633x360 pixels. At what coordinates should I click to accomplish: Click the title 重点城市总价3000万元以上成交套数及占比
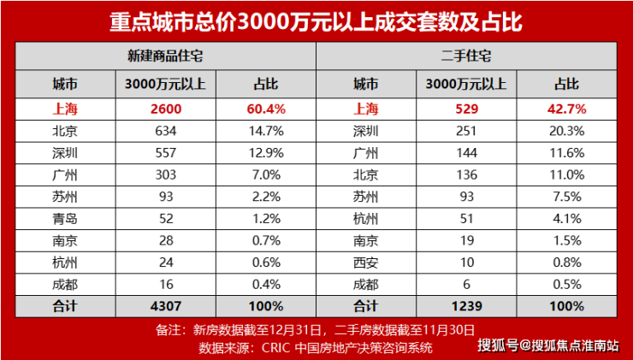coord(316,21)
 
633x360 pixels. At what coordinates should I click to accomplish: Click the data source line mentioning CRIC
coord(316,347)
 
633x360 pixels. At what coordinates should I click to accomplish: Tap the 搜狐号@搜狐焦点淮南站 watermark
coord(548,345)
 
